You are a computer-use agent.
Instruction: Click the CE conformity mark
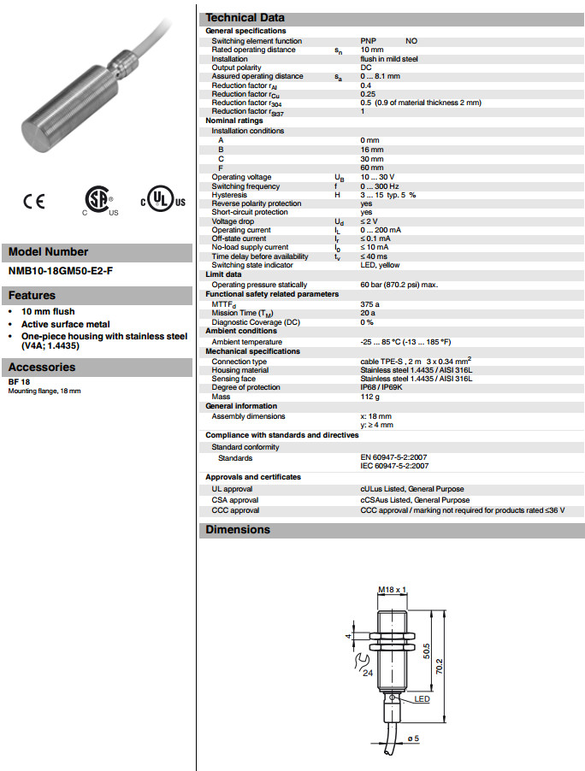click(34, 202)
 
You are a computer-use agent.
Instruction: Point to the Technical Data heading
click(245, 17)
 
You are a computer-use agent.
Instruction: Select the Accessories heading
click(42, 367)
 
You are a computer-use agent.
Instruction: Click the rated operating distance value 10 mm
click(372, 50)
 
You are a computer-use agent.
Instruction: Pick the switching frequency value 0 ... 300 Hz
click(380, 186)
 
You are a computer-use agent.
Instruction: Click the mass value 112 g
click(370, 396)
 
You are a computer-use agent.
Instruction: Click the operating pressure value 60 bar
click(399, 285)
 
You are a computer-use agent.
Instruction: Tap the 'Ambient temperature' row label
click(247, 341)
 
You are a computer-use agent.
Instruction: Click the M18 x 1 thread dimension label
click(391, 590)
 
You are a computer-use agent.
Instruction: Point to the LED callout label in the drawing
click(422, 699)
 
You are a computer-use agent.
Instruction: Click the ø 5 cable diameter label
click(412, 739)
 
